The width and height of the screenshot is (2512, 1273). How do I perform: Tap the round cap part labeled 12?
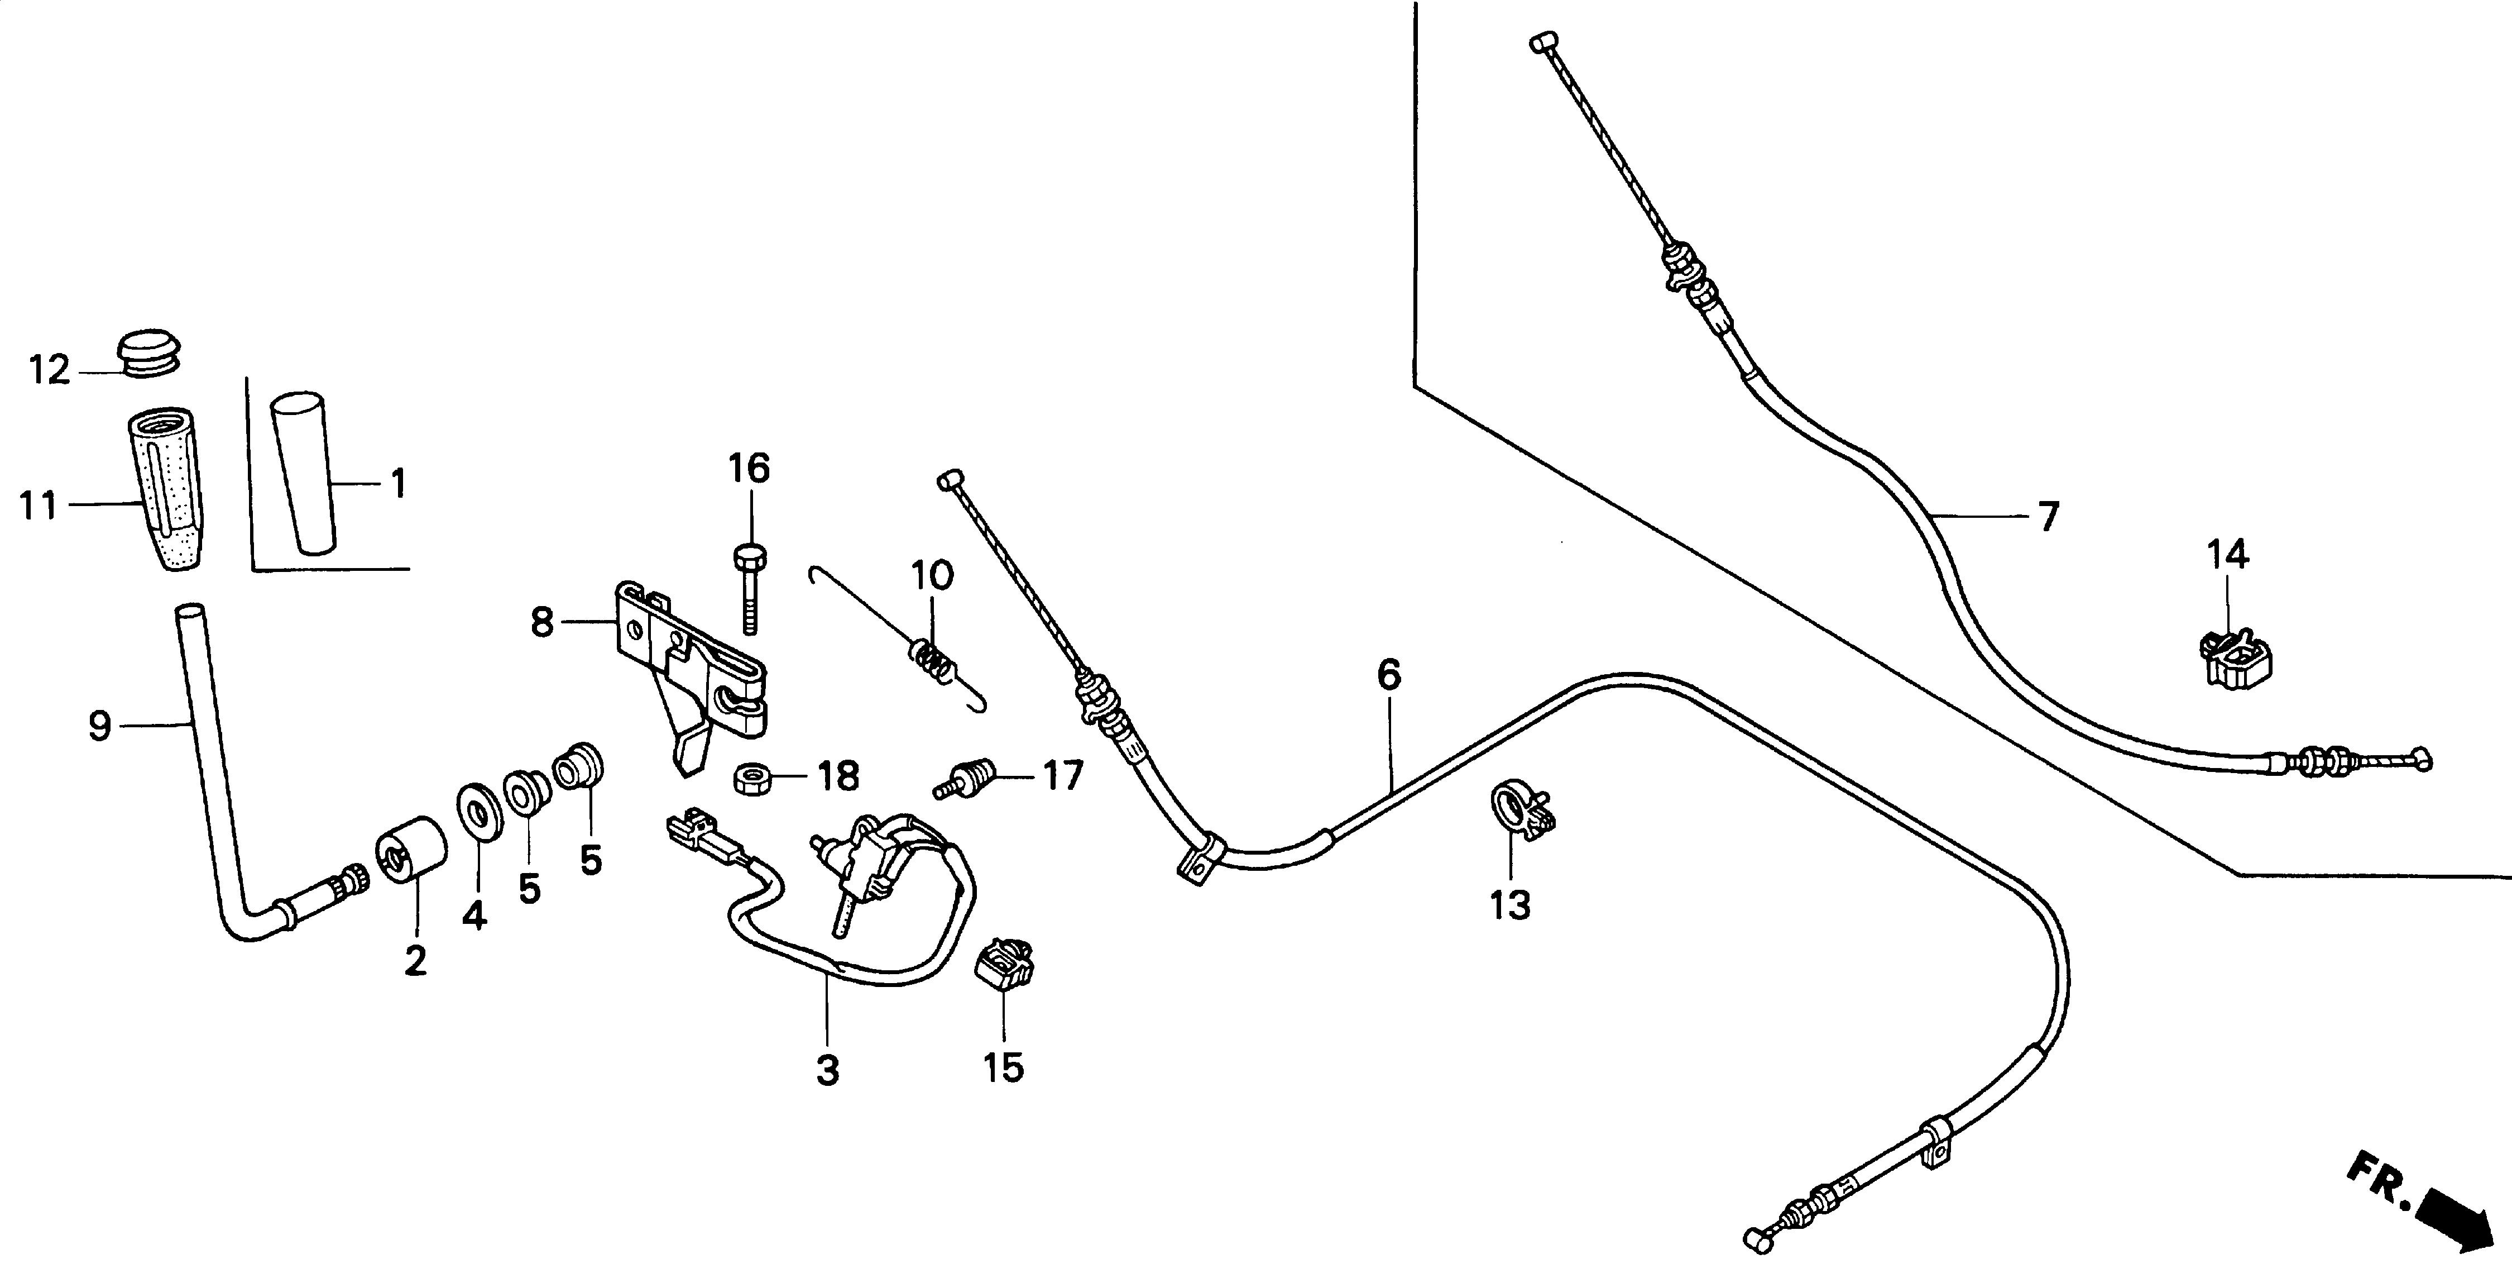(x=149, y=353)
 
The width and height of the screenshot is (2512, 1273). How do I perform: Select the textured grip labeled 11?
(x=166, y=488)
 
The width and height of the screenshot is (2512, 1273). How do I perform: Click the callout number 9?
(x=99, y=726)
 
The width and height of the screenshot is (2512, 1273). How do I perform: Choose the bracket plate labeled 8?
(x=688, y=664)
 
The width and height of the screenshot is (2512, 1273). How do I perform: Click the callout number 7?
(x=2048, y=516)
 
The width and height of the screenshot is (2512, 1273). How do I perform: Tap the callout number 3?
(x=827, y=1070)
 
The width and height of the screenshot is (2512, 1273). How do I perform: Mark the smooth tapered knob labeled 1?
(x=303, y=473)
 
